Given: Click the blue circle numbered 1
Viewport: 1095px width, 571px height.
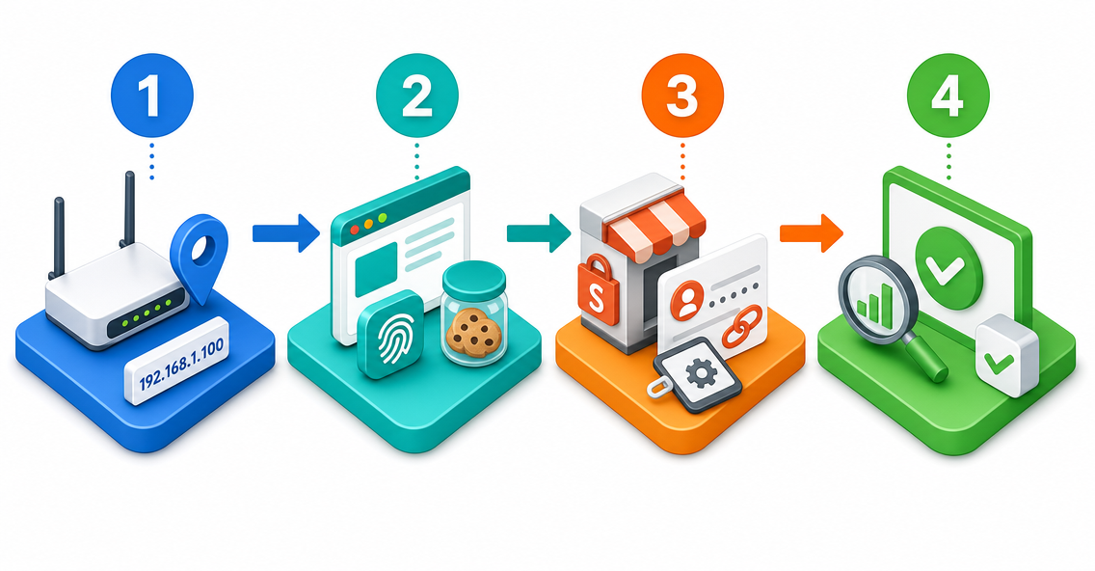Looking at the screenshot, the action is point(152,95).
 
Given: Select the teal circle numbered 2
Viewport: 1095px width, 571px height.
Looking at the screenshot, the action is point(417,95).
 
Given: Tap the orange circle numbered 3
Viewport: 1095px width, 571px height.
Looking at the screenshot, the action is point(682,95).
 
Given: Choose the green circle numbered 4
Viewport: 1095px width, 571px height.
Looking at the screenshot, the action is point(948,95).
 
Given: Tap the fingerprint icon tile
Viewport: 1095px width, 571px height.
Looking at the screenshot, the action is point(390,335).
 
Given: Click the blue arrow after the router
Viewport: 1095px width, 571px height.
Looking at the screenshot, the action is point(286,232).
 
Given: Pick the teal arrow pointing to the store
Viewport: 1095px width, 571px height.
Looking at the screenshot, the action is point(539,232).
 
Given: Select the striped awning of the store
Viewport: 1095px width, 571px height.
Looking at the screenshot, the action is point(655,221).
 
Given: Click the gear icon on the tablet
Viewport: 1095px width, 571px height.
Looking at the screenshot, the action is point(700,375).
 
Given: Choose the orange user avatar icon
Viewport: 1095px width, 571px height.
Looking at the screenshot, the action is point(688,299).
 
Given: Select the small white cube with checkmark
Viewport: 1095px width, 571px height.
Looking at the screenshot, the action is point(1006,355).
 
